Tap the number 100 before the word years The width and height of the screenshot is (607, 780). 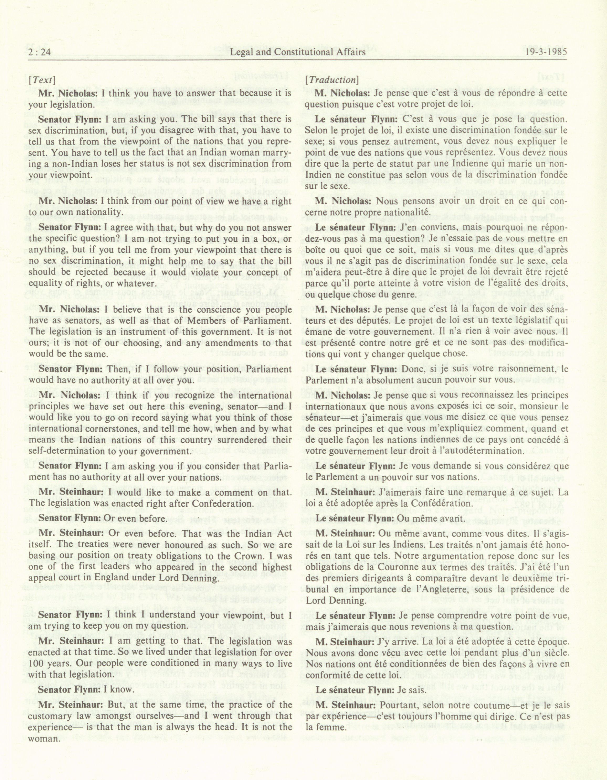(36, 664)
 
